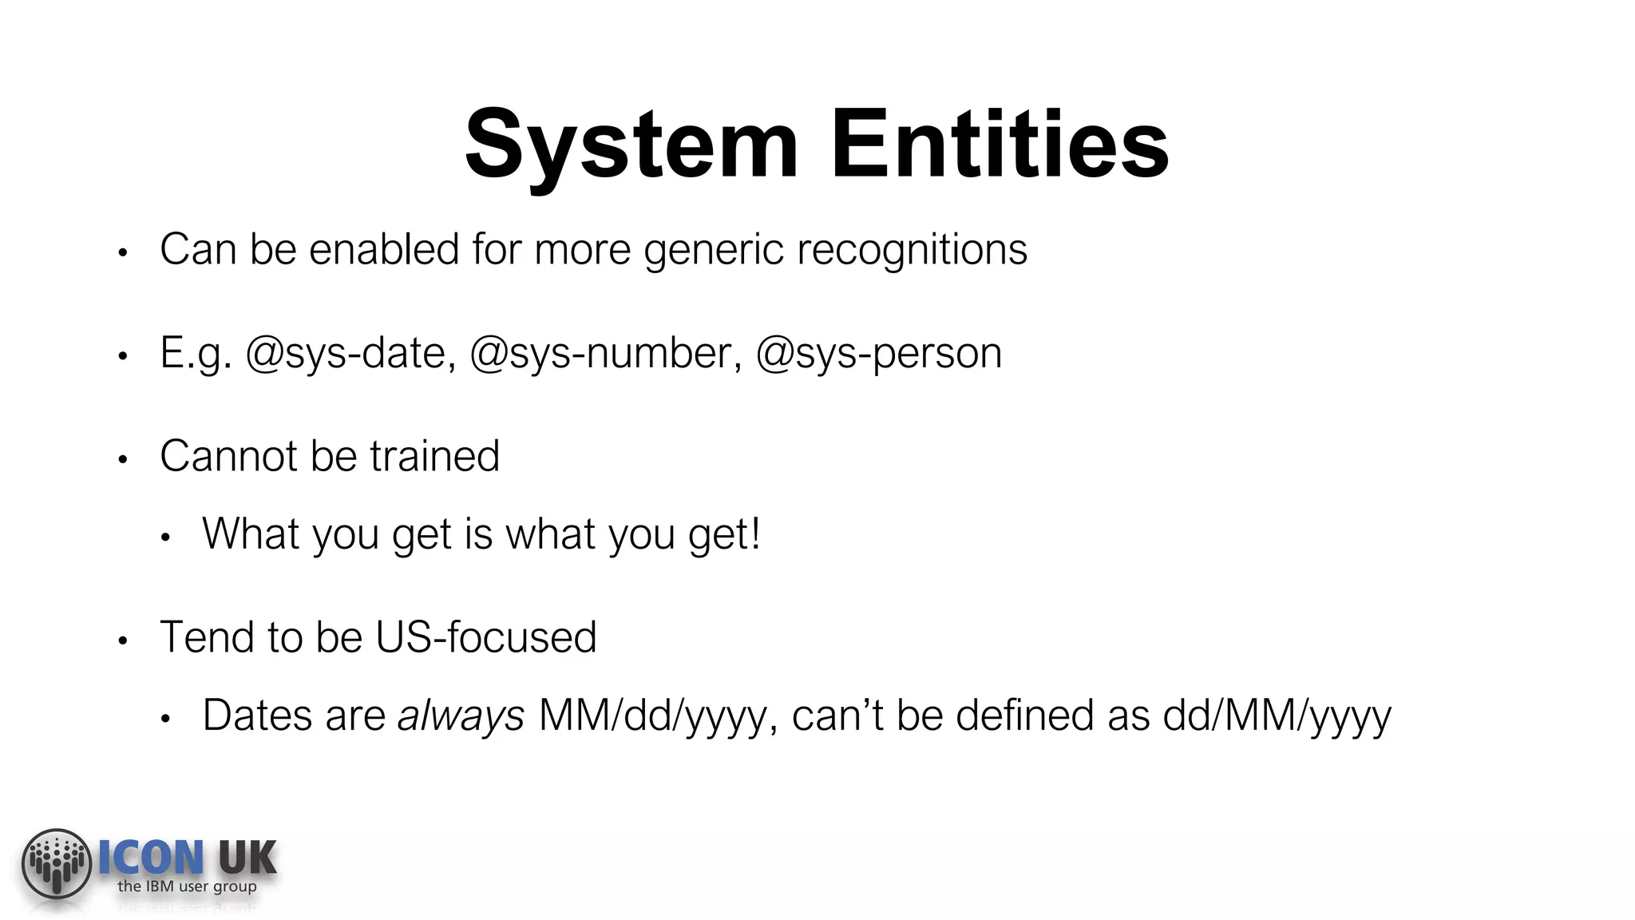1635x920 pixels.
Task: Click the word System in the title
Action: (631, 145)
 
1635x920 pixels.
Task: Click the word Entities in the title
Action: (1000, 145)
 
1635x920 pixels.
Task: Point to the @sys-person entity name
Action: (878, 353)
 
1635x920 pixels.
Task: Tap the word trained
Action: (434, 456)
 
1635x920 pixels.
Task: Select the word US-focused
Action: (485, 637)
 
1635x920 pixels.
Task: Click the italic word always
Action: (461, 716)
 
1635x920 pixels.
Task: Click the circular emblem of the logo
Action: (56, 863)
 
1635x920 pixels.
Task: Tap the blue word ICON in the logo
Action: (151, 858)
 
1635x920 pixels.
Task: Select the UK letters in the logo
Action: (247, 858)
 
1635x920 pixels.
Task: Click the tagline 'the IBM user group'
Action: (187, 886)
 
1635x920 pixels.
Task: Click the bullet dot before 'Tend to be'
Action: (122, 640)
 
